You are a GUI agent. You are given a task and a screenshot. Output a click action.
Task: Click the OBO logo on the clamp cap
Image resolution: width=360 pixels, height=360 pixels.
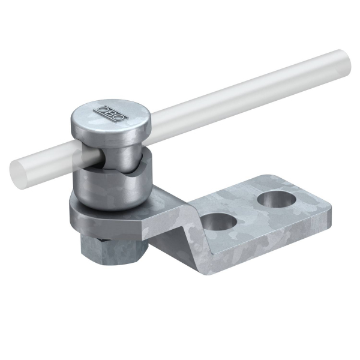pos(110,113)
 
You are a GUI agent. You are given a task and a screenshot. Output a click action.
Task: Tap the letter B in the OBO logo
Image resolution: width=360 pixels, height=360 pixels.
pos(110,113)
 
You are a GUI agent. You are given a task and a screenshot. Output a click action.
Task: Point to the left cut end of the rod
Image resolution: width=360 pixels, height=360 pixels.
pos(17,173)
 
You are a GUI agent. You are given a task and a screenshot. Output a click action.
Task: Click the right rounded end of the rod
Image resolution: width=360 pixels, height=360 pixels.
pos(344,62)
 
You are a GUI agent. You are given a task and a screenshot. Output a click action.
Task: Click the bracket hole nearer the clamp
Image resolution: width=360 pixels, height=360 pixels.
pos(218,221)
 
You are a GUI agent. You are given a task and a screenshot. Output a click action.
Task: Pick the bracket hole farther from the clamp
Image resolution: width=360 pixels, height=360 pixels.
pos(277,199)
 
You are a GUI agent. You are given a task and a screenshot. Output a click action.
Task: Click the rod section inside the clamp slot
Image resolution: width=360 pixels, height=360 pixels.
pos(92,156)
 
